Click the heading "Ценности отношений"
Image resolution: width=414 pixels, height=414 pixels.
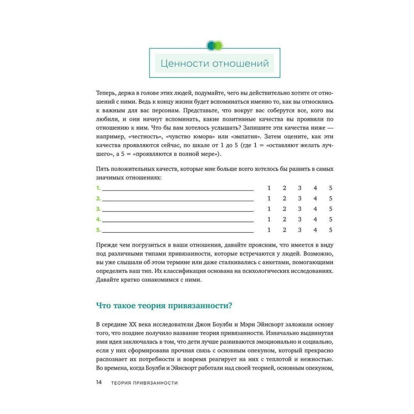click(x=214, y=64)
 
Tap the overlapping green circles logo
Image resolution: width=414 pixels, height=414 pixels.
click(x=214, y=45)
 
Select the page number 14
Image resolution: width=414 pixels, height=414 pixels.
click(x=99, y=383)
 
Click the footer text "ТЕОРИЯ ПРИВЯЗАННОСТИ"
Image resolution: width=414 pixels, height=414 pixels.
click(x=144, y=383)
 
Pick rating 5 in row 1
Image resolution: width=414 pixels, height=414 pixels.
click(x=330, y=188)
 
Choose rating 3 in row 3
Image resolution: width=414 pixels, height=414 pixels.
click(x=300, y=209)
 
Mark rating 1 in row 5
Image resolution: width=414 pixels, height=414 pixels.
click(x=269, y=230)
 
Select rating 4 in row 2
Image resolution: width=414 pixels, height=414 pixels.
click(x=315, y=199)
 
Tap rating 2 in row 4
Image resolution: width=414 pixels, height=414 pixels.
click(x=284, y=219)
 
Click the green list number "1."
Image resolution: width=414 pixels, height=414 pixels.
click(x=98, y=188)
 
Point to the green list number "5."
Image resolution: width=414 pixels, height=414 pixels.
click(x=98, y=230)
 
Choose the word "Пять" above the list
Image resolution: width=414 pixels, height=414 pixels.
click(x=103, y=169)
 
